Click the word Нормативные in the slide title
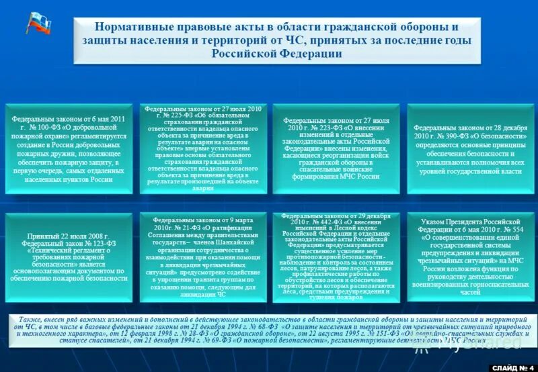click(126, 28)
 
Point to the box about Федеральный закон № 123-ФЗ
click(69, 258)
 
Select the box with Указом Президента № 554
click(468, 258)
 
